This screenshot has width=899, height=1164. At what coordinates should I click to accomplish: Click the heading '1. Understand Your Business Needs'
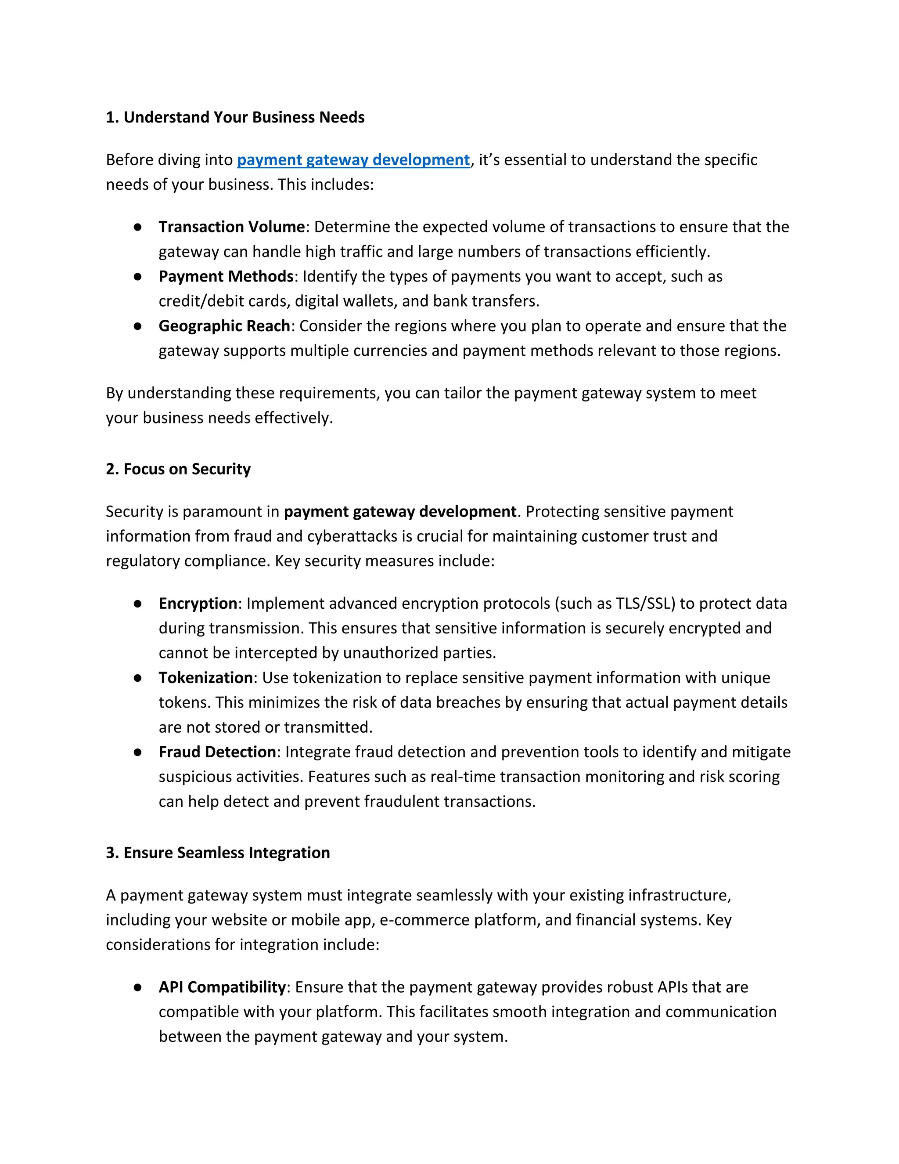point(235,117)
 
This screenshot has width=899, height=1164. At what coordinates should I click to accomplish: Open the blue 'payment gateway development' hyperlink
point(353,160)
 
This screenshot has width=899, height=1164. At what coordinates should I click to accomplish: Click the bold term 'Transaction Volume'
point(232,227)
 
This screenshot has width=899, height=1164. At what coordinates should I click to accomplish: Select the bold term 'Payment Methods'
point(226,277)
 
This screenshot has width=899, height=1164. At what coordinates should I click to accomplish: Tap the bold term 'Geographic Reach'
point(224,326)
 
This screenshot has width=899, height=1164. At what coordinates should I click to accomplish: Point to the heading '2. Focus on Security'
point(178,469)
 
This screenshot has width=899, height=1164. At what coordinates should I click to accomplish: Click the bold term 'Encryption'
point(198,604)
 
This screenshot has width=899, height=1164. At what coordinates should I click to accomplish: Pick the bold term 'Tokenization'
point(205,678)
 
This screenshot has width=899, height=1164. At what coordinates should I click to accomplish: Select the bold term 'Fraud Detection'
point(217,752)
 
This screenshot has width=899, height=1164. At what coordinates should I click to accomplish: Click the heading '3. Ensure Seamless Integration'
point(218,853)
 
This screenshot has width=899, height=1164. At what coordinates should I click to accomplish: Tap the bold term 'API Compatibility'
point(222,987)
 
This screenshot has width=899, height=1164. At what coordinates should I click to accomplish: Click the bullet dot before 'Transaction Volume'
point(138,228)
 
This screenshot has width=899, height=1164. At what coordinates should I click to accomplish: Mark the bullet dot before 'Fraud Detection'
point(138,752)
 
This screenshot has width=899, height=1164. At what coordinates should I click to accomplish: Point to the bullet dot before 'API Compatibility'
point(138,987)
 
